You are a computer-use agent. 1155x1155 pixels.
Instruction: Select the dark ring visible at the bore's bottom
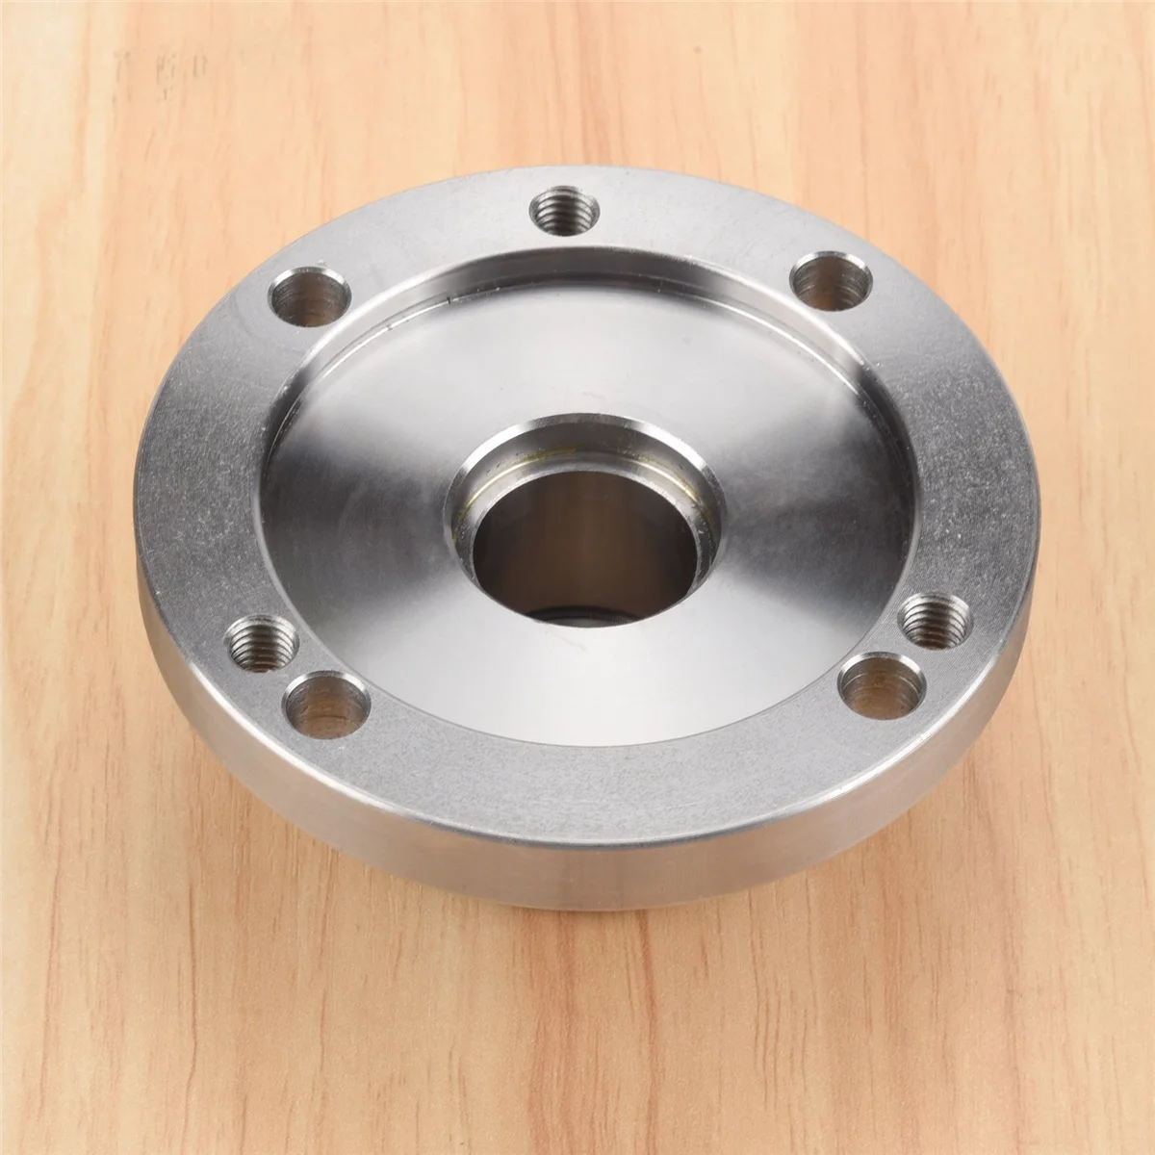click(x=568, y=612)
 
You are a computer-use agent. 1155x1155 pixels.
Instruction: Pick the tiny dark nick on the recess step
click(x=452, y=300)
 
